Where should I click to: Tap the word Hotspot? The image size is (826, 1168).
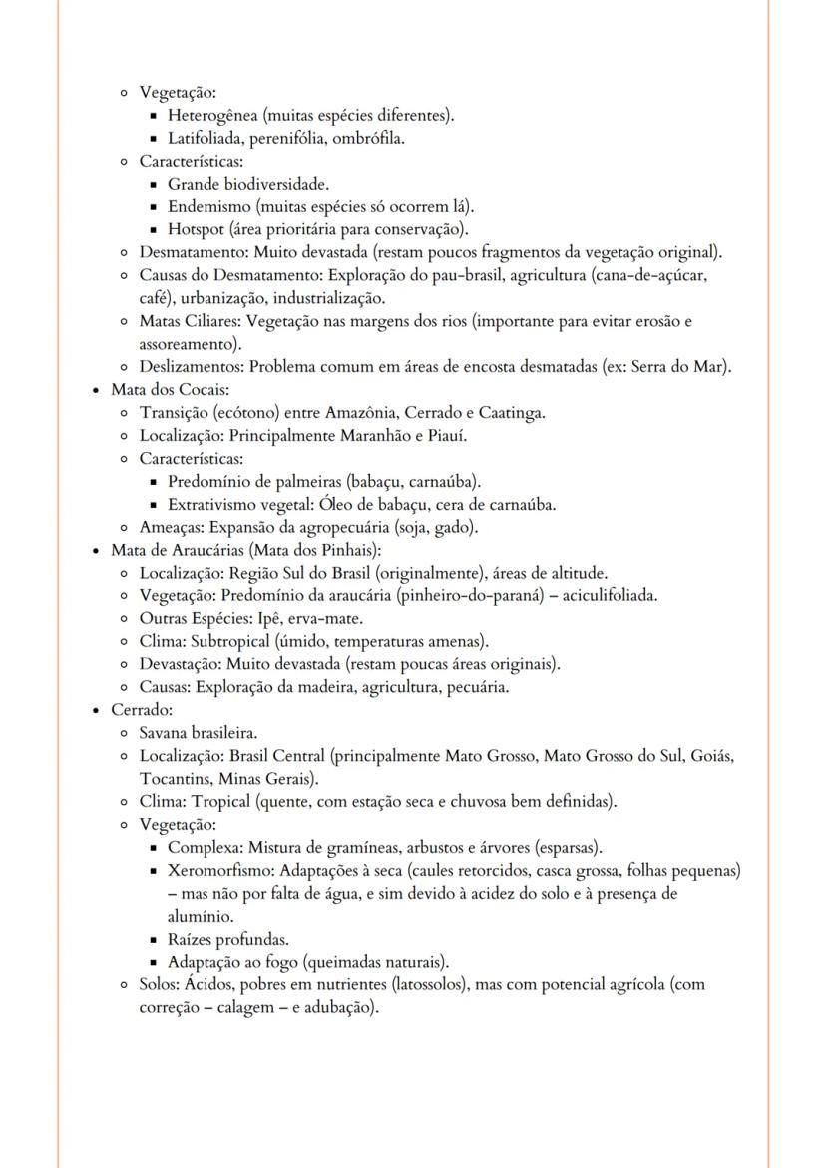tap(194, 229)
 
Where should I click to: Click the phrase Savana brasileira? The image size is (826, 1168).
tap(199, 733)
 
